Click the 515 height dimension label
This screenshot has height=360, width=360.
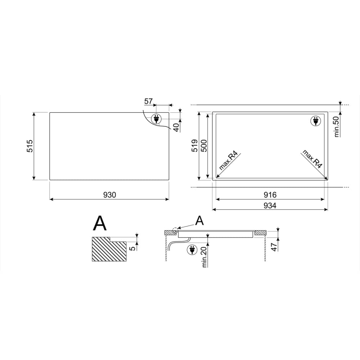click(30, 146)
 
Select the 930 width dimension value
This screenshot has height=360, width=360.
click(109, 195)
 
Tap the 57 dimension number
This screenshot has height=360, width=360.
click(148, 101)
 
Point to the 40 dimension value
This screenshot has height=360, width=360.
click(176, 127)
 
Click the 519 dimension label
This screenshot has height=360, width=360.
click(194, 145)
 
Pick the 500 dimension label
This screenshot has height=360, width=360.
click(204, 145)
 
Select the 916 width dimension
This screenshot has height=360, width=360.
click(270, 195)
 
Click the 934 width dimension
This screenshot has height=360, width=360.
click(270, 206)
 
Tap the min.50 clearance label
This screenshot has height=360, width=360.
click(336, 127)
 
